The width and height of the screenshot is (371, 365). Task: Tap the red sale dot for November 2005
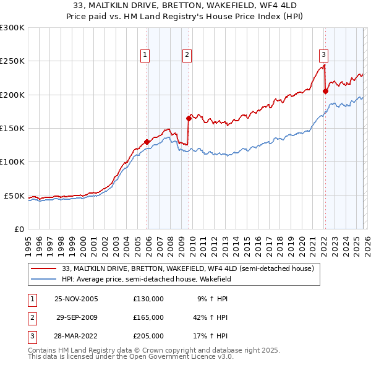pos(147,142)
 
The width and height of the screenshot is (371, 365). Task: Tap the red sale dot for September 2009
pos(189,118)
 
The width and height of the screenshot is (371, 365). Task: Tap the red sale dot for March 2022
pos(325,92)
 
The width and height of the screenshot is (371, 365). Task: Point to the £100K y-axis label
pos(12,161)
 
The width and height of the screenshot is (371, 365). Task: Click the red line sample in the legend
pos(43,268)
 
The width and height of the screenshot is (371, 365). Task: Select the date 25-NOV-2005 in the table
pos(76,299)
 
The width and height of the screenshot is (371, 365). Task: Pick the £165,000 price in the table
pos(148,317)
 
